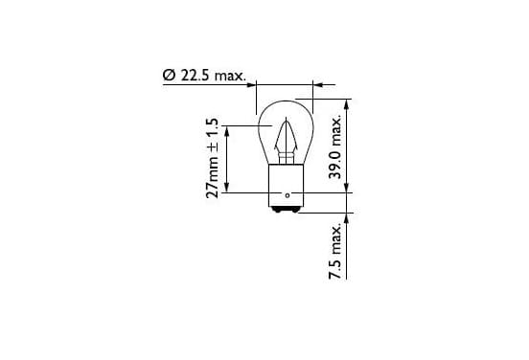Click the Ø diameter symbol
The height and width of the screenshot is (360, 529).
pos(169,76)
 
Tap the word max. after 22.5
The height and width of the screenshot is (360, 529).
pos(230,77)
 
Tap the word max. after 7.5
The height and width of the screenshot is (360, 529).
pos(336,239)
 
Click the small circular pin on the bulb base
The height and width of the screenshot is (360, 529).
pos(287,195)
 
